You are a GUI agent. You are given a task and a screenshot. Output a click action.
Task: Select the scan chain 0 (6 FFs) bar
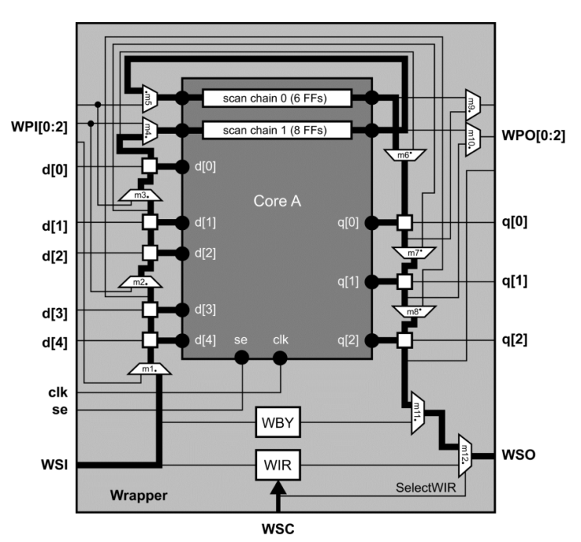277,99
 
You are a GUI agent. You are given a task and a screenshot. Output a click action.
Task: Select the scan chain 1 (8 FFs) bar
277,130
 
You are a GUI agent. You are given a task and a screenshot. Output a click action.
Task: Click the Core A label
277,201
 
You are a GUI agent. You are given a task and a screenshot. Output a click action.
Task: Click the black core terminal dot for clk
279,358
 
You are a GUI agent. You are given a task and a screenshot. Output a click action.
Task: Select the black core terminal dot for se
242,358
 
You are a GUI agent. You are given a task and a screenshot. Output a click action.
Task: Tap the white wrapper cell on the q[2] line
403,339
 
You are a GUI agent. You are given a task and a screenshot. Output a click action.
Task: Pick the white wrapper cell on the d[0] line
149,166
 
